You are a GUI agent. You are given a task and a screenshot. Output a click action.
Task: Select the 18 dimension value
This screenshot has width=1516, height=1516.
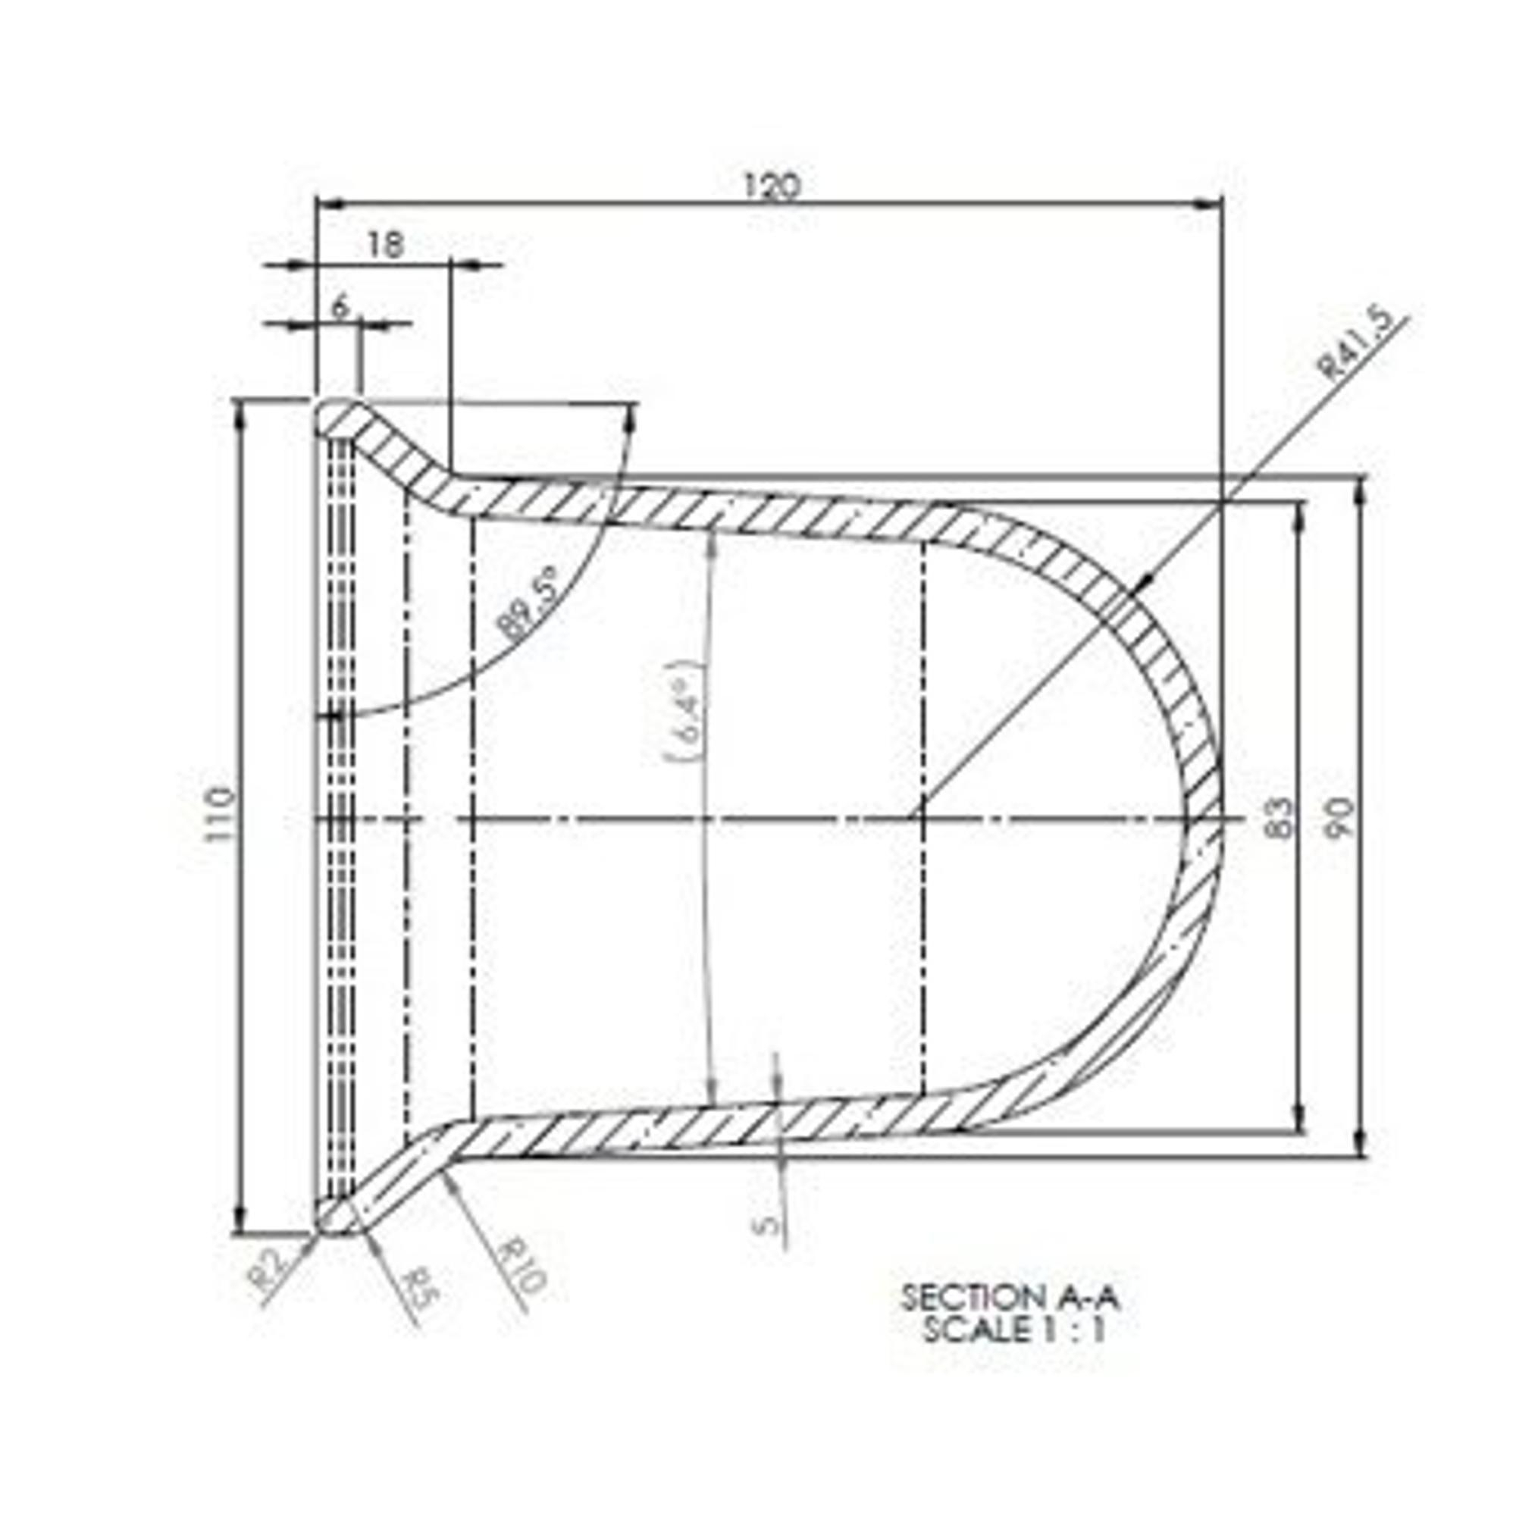coord(384,246)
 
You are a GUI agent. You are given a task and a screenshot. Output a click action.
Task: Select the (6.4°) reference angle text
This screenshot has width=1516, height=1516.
coord(684,713)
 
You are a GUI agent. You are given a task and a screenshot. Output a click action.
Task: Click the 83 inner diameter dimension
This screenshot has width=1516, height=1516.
coord(1280,819)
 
